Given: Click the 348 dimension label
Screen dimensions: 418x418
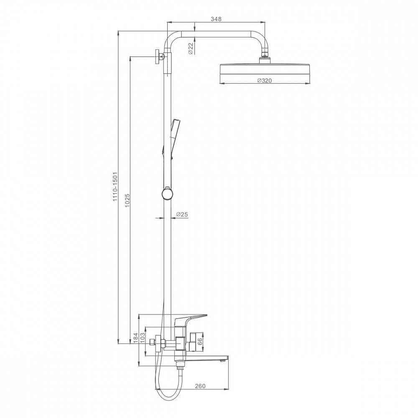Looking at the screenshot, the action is [x=216, y=19].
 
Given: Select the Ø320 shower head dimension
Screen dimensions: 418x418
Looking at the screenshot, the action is [x=265, y=80].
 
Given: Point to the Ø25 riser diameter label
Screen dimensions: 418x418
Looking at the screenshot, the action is [x=182, y=214].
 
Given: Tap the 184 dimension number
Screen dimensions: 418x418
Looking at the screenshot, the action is [x=135, y=337].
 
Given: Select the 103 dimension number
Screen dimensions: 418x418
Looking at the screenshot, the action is [x=142, y=337].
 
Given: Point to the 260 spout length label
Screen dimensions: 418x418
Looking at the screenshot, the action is [x=200, y=386].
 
